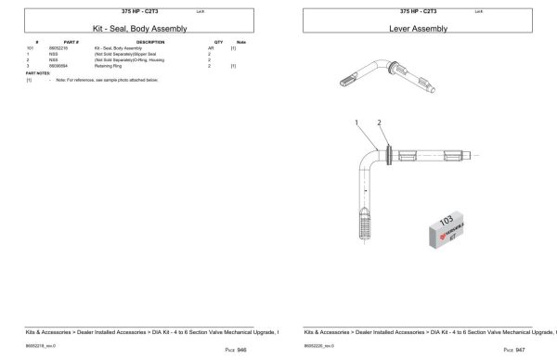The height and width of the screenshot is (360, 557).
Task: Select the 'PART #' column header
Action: [71, 41]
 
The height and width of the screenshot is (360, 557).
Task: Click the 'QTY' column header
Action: [218, 41]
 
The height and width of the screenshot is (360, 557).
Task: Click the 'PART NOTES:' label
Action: [37, 73]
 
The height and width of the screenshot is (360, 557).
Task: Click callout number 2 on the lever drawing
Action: [380, 122]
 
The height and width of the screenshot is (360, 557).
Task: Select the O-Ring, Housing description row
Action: [125, 60]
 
